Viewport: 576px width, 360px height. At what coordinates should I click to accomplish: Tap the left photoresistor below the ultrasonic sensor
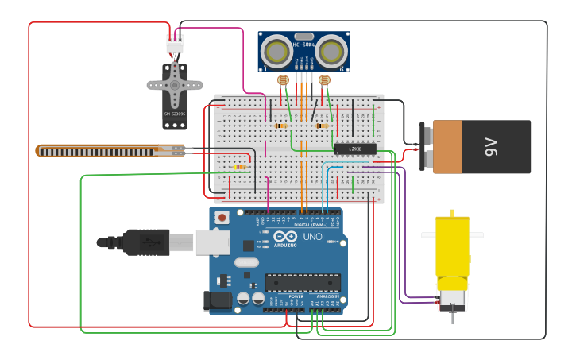point(282,80)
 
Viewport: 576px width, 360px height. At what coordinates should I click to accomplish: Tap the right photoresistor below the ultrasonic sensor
point(323,80)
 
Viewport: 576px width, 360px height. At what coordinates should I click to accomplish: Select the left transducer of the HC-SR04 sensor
point(276,52)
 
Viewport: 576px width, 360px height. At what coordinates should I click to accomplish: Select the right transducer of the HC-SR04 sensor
point(330,52)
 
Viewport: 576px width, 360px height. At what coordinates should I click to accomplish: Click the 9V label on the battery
point(491,146)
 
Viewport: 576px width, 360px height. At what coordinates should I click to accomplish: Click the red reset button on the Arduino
point(222,217)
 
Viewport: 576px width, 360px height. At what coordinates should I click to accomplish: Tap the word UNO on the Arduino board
point(312,237)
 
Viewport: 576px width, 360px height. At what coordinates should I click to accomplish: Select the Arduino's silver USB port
point(212,242)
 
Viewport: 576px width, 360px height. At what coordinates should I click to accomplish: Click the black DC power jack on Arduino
point(217,300)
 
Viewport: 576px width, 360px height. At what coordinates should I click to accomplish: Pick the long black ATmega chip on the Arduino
point(303,282)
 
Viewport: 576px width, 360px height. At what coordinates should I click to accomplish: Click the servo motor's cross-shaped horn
point(175,84)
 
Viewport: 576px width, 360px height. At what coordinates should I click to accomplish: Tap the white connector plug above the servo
point(175,45)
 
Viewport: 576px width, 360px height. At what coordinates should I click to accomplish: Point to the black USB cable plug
point(146,242)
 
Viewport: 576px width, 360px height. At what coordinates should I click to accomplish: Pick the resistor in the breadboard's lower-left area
point(239,167)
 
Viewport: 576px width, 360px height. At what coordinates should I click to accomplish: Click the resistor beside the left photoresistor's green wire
point(280,126)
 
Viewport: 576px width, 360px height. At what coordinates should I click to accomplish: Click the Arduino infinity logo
point(285,237)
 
